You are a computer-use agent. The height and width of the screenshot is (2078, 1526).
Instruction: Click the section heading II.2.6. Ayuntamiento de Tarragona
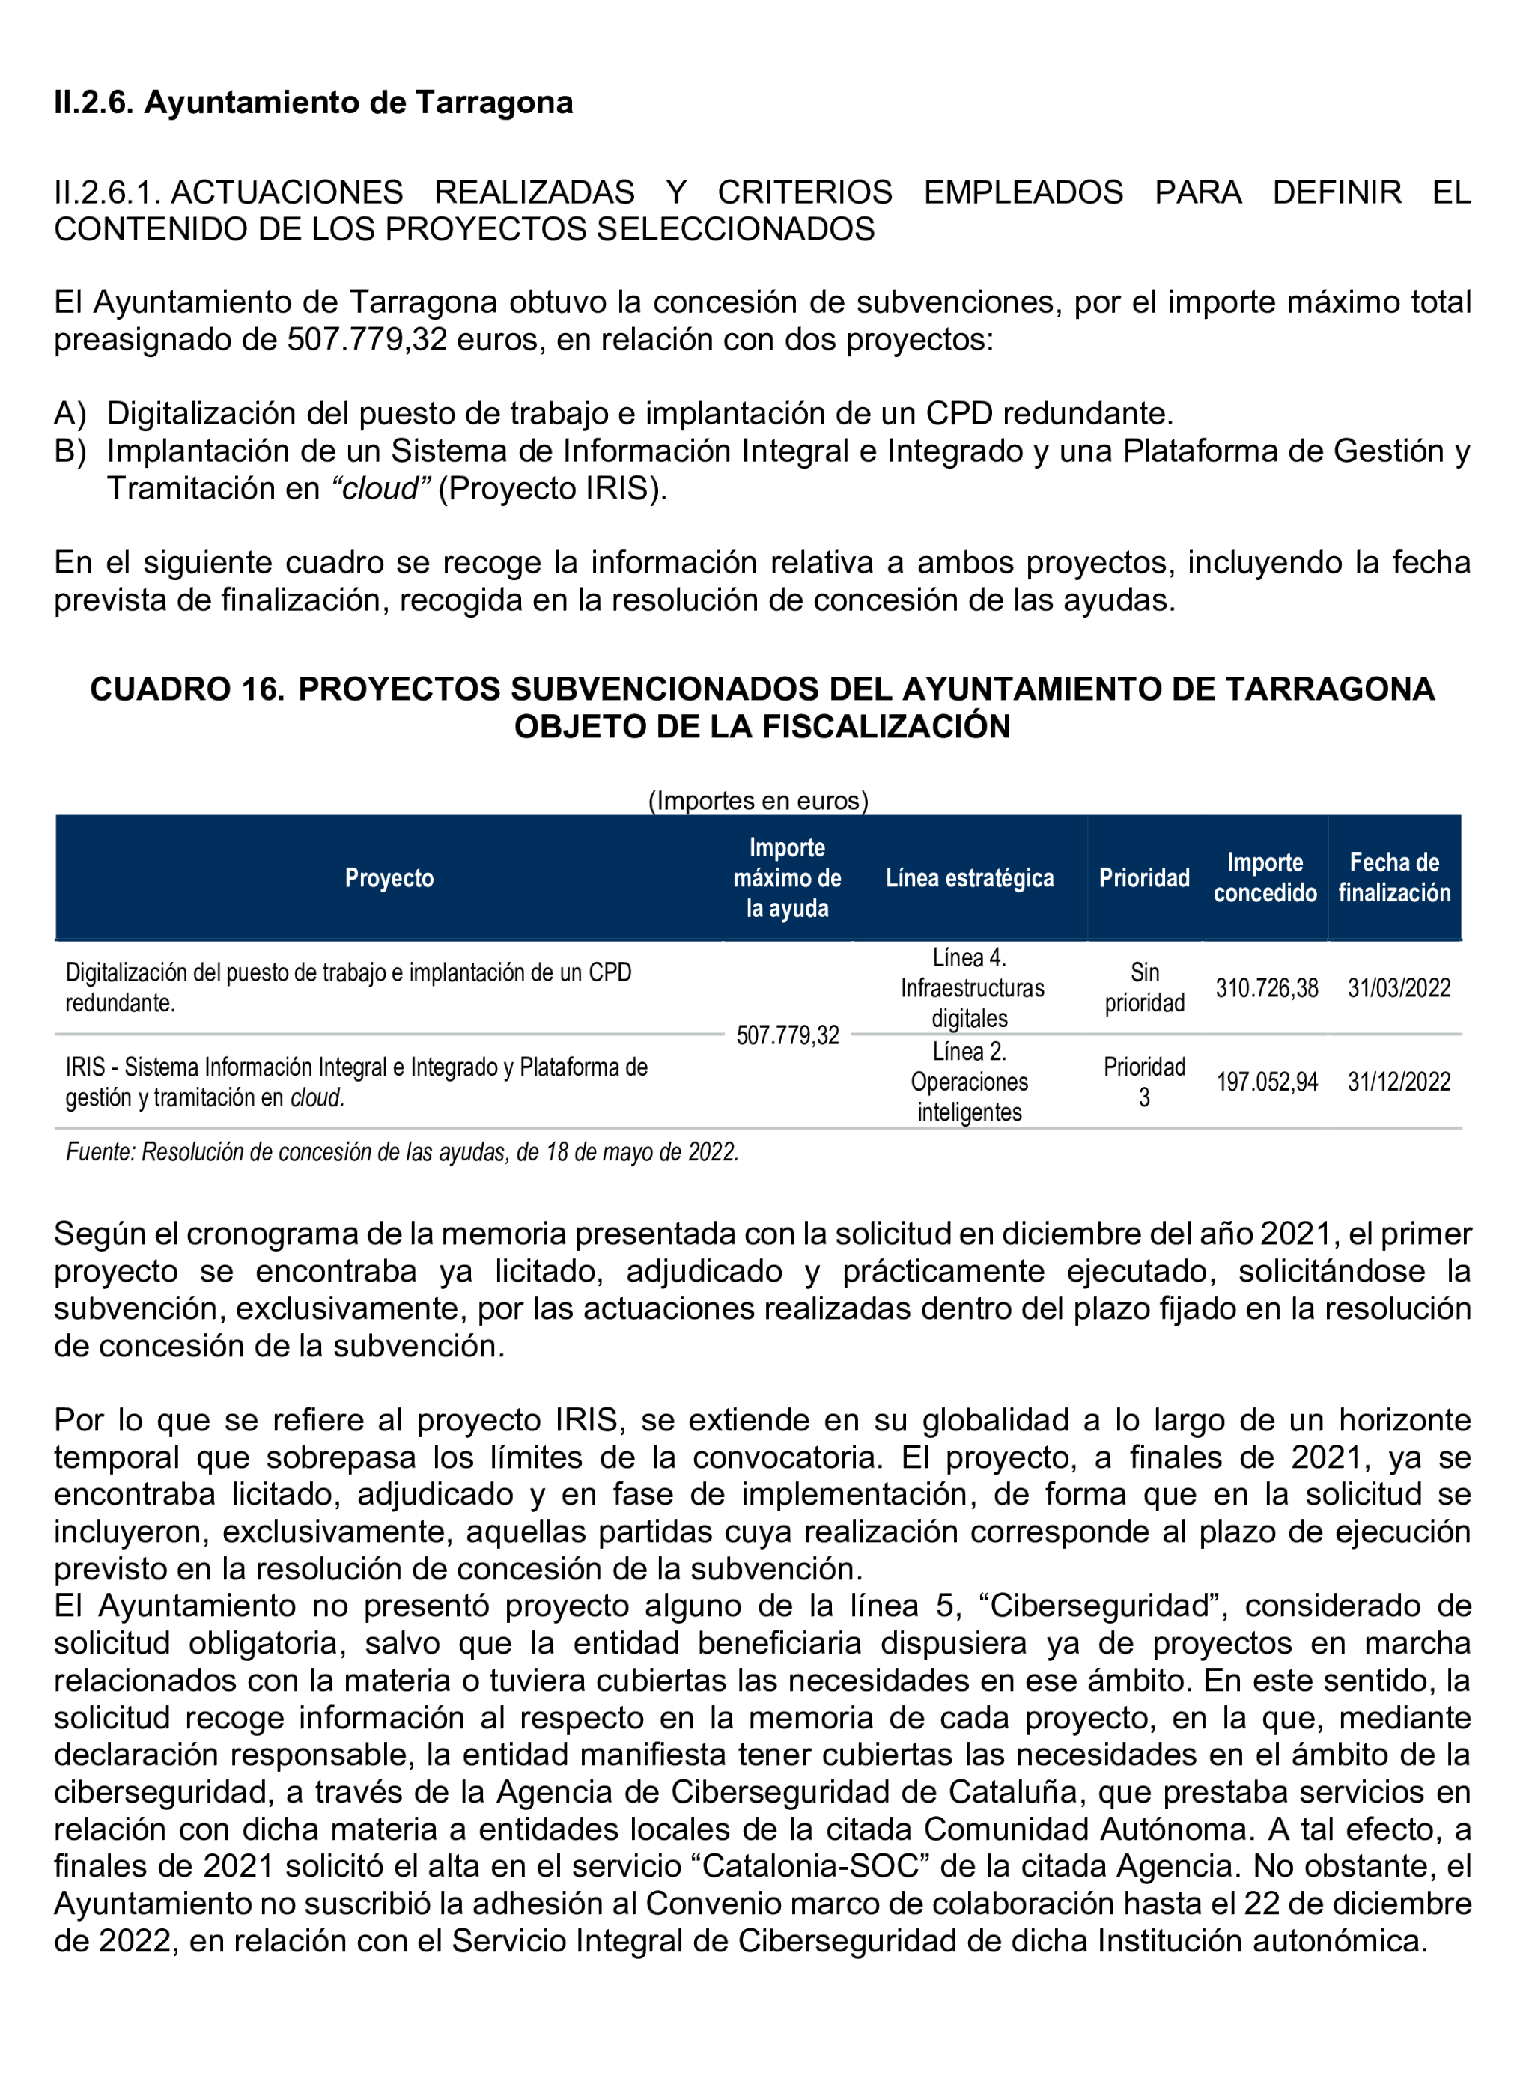tap(313, 102)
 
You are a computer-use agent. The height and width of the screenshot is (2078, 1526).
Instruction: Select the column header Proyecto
tap(389, 877)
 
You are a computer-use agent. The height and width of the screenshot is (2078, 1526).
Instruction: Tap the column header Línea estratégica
tap(969, 877)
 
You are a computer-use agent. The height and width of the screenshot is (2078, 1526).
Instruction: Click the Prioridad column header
tap(1143, 877)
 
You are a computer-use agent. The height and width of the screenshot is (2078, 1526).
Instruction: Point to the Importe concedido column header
tap(1265, 877)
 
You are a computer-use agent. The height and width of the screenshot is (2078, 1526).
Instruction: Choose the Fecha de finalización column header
tap(1394, 877)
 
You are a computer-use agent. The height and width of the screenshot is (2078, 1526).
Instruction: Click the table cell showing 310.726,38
tap(1266, 988)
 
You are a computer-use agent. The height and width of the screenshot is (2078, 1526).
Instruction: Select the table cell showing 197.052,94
tap(1266, 1082)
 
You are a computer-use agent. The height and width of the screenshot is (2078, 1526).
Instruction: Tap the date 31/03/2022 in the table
tap(1399, 988)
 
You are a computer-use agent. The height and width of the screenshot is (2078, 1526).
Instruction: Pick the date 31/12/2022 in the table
tap(1399, 1082)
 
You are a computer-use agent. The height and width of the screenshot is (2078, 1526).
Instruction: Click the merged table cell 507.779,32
tap(787, 1035)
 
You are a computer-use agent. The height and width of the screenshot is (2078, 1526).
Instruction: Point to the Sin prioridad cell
tap(1144, 987)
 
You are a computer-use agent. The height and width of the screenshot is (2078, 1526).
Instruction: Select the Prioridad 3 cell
tap(1144, 1082)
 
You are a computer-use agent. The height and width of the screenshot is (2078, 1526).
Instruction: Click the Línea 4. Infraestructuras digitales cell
tap(971, 988)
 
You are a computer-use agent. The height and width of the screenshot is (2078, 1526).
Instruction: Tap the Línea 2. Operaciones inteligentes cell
tap(969, 1082)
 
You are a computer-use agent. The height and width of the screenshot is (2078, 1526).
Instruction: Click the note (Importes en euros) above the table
tap(759, 801)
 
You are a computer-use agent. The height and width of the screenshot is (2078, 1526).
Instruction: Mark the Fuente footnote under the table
tap(402, 1152)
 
